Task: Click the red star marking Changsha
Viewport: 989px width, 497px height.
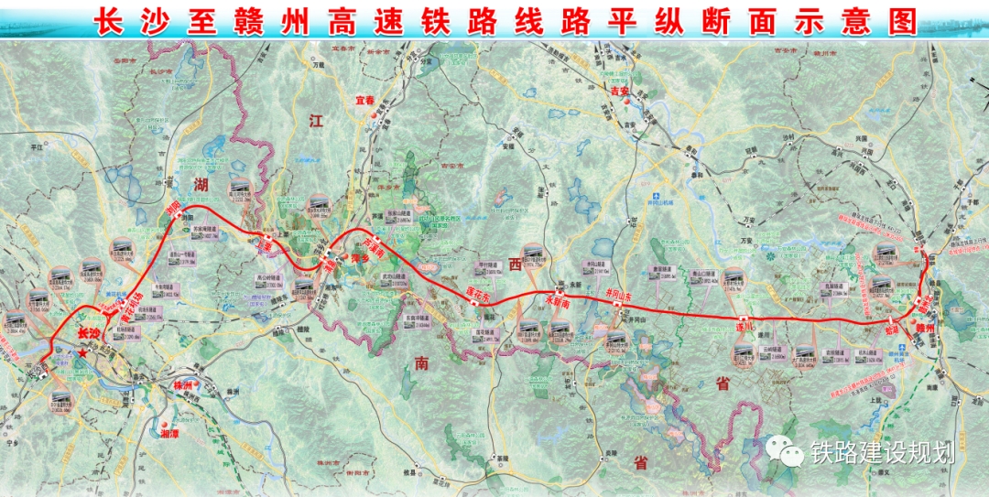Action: click(x=83, y=352)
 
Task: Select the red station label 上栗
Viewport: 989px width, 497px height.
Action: click(x=266, y=246)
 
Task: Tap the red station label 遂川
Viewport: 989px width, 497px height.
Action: click(x=743, y=327)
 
